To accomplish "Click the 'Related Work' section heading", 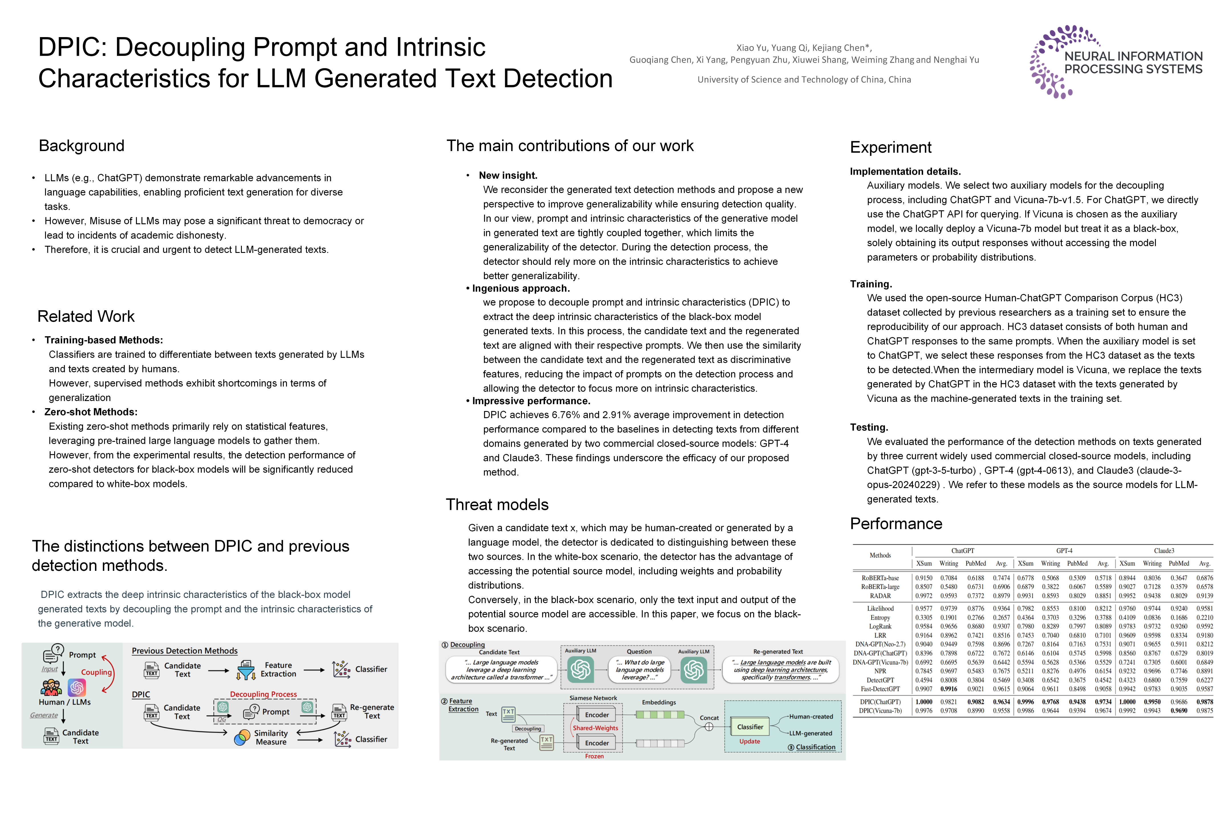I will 86,317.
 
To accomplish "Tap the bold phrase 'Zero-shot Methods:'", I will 91,412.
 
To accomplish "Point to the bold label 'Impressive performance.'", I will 531,401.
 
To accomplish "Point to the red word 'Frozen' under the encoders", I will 594,756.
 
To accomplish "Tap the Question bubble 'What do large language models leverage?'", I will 640,670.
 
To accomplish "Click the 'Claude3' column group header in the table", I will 1164,551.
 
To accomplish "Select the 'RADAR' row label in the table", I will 880,596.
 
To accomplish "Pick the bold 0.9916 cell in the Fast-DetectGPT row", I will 949,689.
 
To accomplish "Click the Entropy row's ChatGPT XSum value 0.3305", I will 923,618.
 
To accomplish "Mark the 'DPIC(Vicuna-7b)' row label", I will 880,711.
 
